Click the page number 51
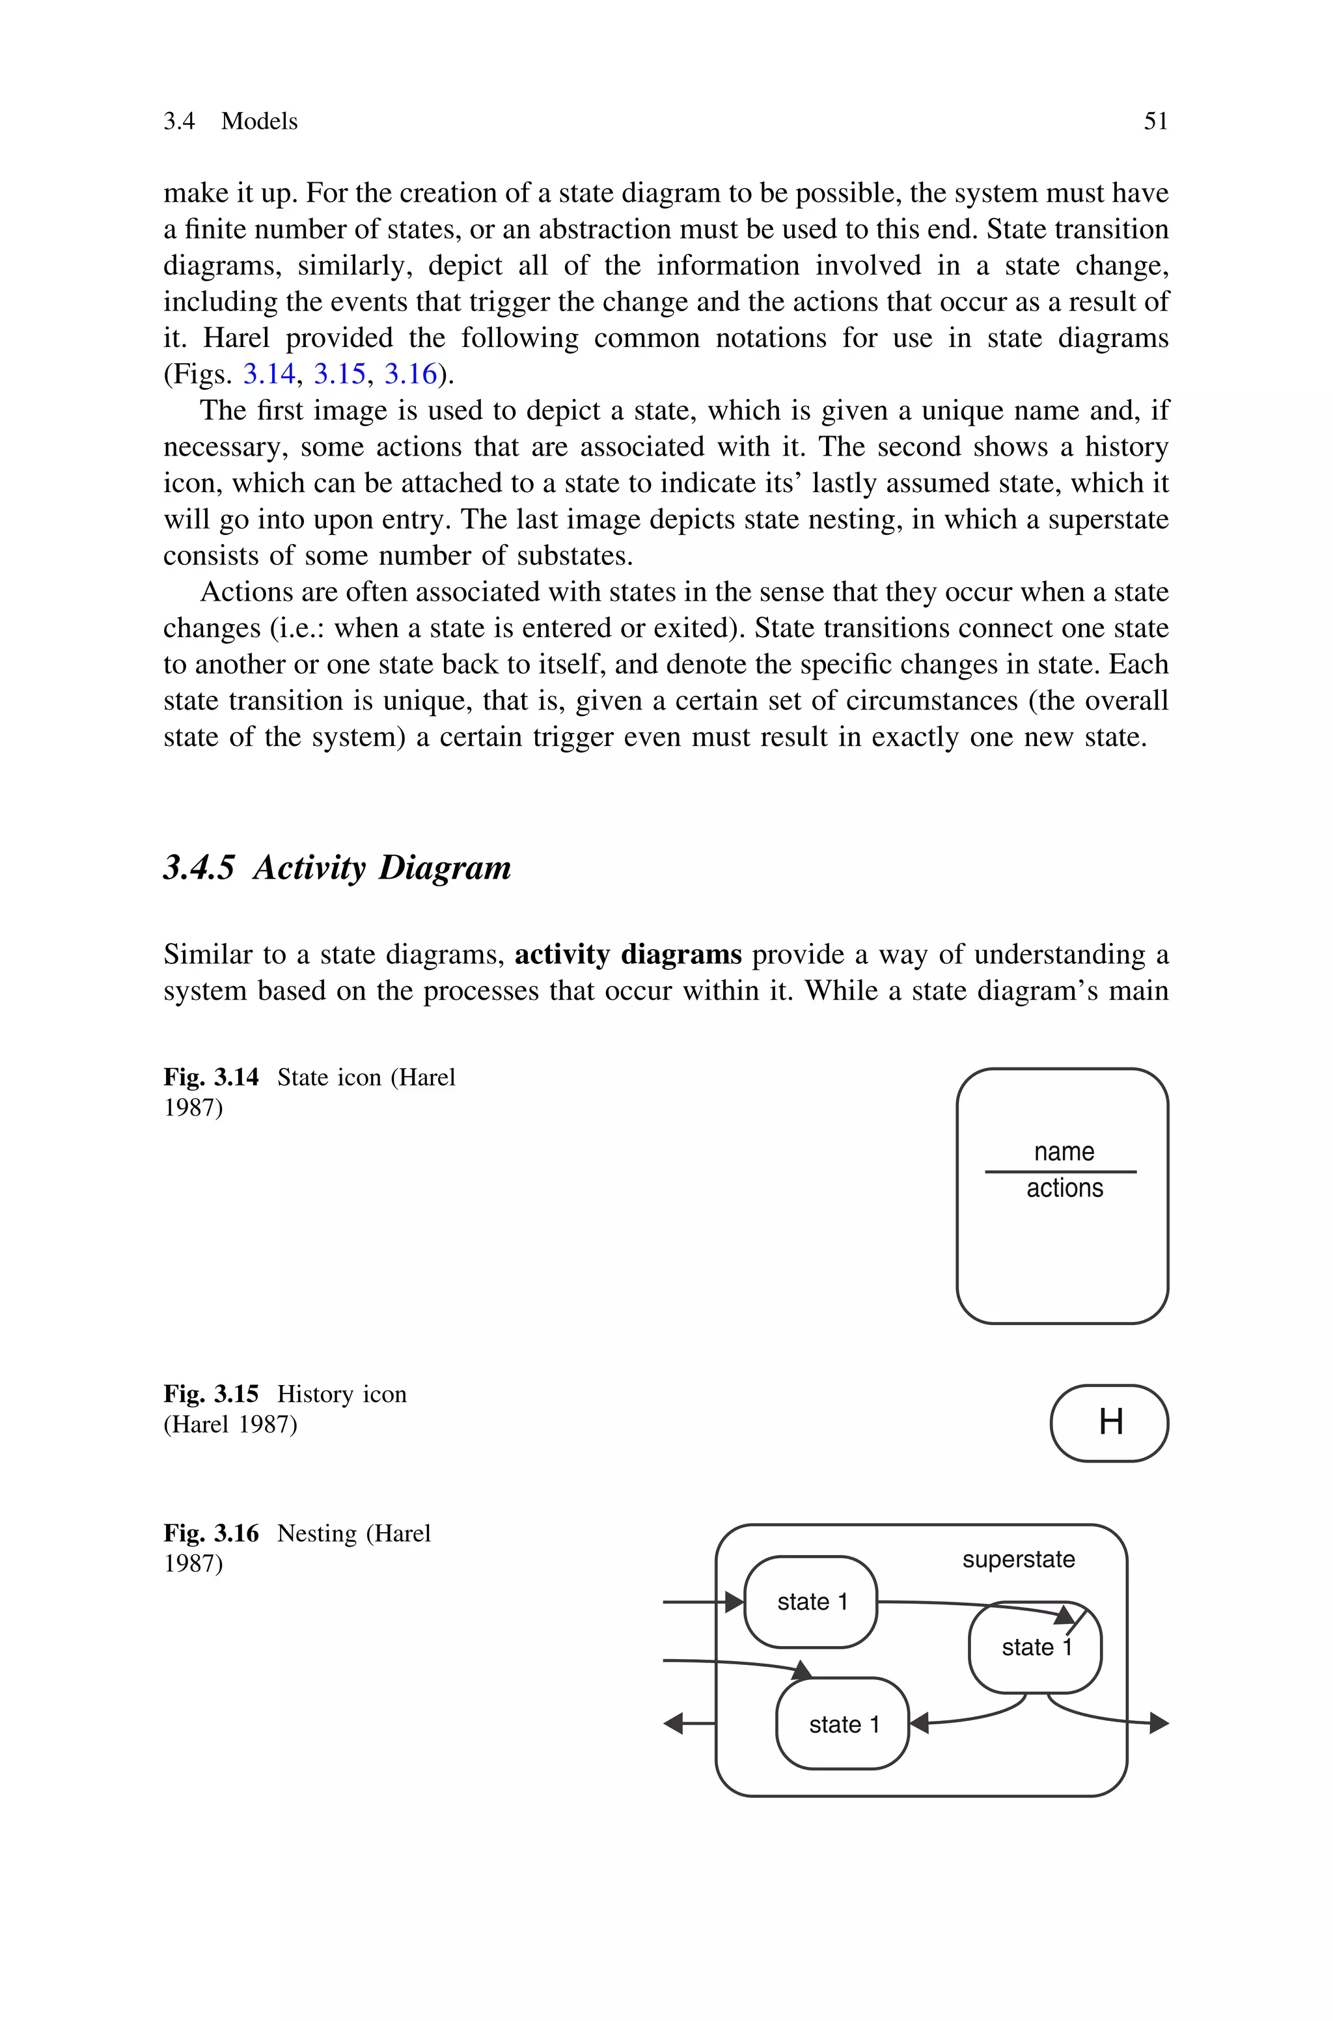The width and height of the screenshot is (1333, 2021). pyautogui.click(x=1155, y=122)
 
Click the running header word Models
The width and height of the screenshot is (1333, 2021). pyautogui.click(x=259, y=122)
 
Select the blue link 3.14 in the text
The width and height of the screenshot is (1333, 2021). pyautogui.click(x=269, y=374)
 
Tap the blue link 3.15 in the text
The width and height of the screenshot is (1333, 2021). pyautogui.click(x=339, y=374)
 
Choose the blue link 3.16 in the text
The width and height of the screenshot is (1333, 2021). pyautogui.click(x=411, y=374)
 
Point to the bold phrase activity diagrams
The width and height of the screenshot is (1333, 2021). pyautogui.click(x=628, y=954)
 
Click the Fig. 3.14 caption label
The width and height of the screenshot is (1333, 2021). pyautogui.click(x=211, y=1078)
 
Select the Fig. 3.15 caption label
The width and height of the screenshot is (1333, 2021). pyautogui.click(x=211, y=1394)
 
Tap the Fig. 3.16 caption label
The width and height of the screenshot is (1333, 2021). pyautogui.click(x=211, y=1533)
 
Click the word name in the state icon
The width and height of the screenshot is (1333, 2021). pyautogui.click(x=1064, y=1151)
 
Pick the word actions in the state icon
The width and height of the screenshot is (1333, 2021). pyautogui.click(x=1064, y=1188)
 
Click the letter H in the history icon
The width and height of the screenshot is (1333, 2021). pyautogui.click(x=1110, y=1422)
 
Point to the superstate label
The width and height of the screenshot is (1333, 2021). pyautogui.click(x=1019, y=1560)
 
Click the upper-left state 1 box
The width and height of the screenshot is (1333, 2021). pyautogui.click(x=811, y=1602)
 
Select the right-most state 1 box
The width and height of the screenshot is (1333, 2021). pyautogui.click(x=1036, y=1648)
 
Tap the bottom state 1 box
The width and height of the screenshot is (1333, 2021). pyautogui.click(x=842, y=1724)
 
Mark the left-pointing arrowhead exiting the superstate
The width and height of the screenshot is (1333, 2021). pyautogui.click(x=673, y=1724)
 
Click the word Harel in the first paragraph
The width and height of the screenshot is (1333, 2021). pyautogui.click(x=236, y=338)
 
